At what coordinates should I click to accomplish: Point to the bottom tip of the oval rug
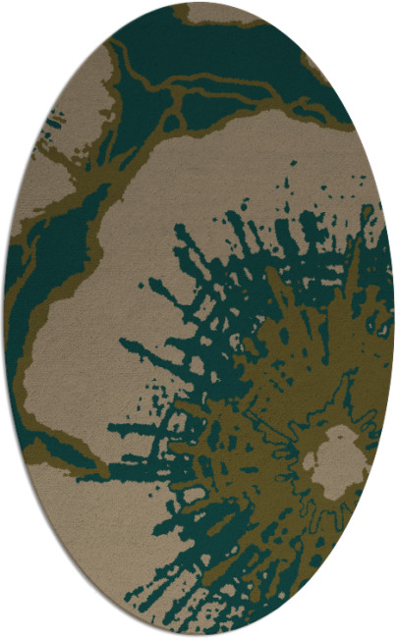pos(199,634)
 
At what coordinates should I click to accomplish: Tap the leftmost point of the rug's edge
pos(4,319)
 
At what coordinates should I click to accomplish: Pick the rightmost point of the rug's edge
pos(394,319)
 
